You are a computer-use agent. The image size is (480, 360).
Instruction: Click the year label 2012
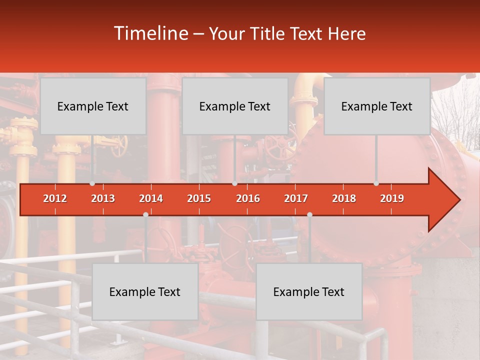[x=55, y=198]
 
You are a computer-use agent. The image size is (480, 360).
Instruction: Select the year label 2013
[x=103, y=198]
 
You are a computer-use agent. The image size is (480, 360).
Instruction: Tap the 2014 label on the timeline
[x=151, y=198]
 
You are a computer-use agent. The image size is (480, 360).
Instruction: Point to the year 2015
[x=199, y=198]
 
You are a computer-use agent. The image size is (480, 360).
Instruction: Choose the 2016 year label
[x=248, y=198]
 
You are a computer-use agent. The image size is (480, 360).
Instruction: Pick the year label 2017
[x=296, y=198]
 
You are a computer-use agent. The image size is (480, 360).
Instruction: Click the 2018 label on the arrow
[x=344, y=198]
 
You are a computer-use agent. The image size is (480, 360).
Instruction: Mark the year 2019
[x=392, y=198]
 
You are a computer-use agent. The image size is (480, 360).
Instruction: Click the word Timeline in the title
[x=150, y=33]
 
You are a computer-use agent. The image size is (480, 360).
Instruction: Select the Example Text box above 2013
[x=93, y=106]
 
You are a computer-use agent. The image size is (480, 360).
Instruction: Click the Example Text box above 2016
[x=235, y=106]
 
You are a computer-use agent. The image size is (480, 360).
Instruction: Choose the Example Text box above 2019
[x=377, y=106]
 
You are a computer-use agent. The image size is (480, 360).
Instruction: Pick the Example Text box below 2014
[x=145, y=291]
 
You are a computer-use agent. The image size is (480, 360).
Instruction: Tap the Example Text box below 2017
[x=309, y=291]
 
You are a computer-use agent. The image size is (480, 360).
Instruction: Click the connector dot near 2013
[x=92, y=183]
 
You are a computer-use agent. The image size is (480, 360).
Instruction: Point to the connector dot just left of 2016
[x=234, y=183]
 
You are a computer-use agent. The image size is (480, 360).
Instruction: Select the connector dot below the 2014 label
[x=145, y=214]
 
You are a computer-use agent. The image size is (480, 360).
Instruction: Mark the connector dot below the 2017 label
[x=309, y=214]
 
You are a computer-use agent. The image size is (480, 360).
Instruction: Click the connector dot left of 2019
[x=376, y=183]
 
